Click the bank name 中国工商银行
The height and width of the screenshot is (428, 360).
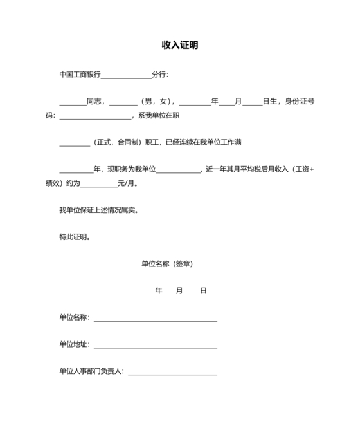[x=80, y=75]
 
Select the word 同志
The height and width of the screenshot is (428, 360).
[x=94, y=101]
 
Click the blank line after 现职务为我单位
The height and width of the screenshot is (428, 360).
[x=179, y=171]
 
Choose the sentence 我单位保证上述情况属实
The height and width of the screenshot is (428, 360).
[x=97, y=210]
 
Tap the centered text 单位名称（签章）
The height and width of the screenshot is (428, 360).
[x=167, y=264]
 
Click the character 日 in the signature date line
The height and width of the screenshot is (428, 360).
[x=203, y=291]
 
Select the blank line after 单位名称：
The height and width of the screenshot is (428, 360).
[x=156, y=320]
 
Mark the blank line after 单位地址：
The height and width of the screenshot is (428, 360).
[x=156, y=347]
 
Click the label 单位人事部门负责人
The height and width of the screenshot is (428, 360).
[x=91, y=371]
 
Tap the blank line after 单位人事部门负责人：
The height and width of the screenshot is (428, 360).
[x=173, y=374]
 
